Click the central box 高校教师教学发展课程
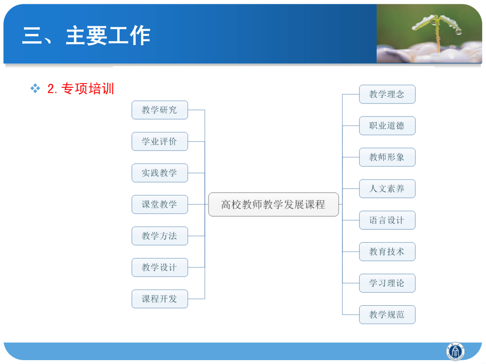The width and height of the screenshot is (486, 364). click(273, 204)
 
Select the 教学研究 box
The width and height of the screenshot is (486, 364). click(159, 110)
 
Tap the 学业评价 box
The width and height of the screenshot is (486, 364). click(159, 141)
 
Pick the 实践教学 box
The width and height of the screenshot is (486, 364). click(159, 173)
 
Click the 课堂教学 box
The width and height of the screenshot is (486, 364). click(159, 204)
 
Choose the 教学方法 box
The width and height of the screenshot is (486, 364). click(159, 236)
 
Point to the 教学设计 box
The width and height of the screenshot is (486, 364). click(159, 267)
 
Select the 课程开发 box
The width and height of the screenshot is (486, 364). click(159, 299)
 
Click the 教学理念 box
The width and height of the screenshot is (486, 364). click(387, 94)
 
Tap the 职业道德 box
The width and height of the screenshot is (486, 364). click(387, 126)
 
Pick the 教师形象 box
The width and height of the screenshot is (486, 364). click(387, 157)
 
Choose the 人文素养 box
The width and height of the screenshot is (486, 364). click(387, 188)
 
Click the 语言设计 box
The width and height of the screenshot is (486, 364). click(387, 220)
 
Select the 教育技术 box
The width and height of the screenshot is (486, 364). click(387, 251)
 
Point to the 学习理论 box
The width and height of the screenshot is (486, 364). click(387, 283)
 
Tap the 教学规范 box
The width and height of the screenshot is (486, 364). click(387, 314)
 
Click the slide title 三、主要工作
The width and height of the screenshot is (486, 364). click(86, 36)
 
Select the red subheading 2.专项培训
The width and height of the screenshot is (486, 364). click(81, 89)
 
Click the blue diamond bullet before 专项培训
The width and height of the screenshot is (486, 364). click(35, 88)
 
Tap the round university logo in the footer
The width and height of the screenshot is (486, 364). click(455, 351)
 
